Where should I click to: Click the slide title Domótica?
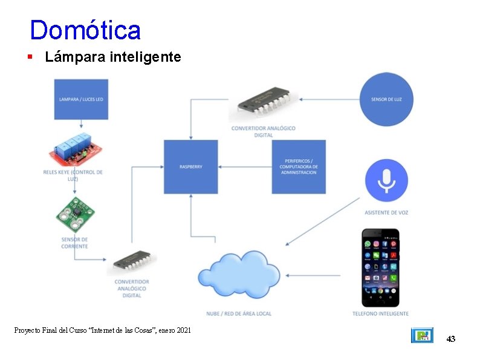pyautogui.click(x=85, y=30)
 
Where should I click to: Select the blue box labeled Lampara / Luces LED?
pyautogui.click(x=81, y=99)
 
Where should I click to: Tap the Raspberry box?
pyautogui.click(x=190, y=166)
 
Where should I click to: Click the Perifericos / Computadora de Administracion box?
pyautogui.click(x=298, y=166)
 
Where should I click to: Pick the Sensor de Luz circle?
pyautogui.click(x=386, y=99)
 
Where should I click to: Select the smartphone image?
pyautogui.click(x=380, y=267)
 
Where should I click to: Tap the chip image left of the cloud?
pyautogui.click(x=132, y=263)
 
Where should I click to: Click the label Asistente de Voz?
pyautogui.click(x=386, y=212)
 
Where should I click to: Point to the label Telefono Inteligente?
pyautogui.click(x=380, y=313)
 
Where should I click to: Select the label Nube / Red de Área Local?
pyautogui.click(x=238, y=313)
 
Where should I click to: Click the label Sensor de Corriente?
pyautogui.click(x=74, y=243)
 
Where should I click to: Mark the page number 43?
pyautogui.click(x=450, y=339)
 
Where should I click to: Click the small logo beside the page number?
pyautogui.click(x=422, y=335)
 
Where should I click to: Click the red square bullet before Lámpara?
pyautogui.click(x=29, y=57)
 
